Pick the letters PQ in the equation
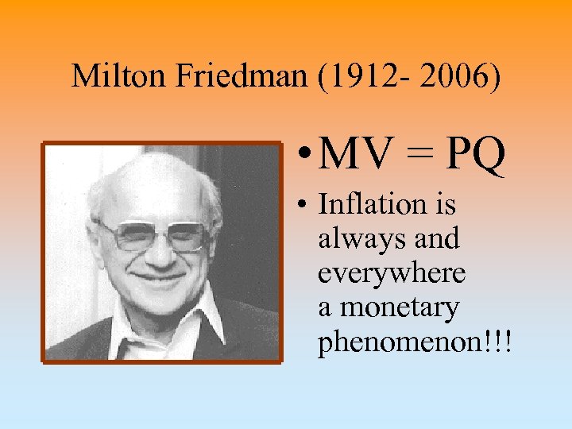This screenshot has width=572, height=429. (x=475, y=157)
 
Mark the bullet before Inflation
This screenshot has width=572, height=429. (x=305, y=205)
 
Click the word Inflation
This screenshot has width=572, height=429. (x=366, y=204)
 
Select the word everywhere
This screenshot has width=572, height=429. (x=392, y=272)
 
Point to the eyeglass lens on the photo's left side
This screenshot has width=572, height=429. (x=127, y=236)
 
